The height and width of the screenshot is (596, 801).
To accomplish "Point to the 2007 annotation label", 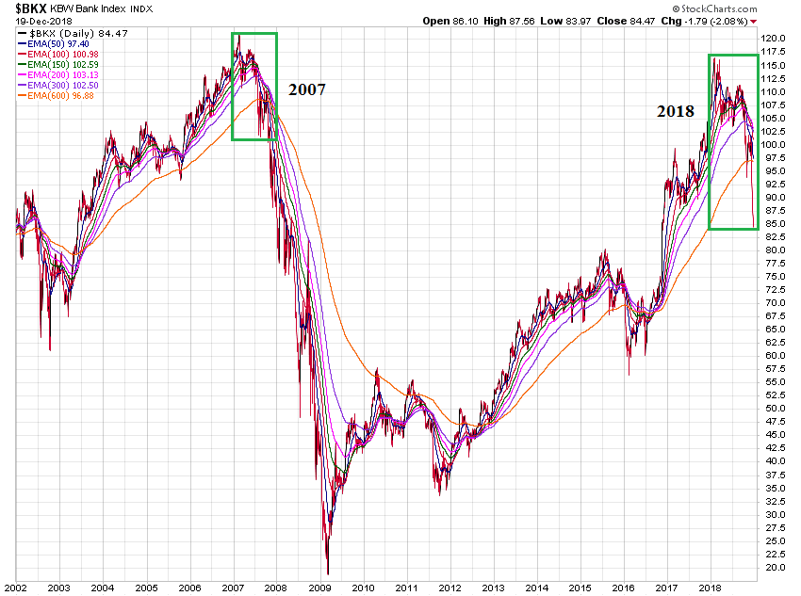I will (307, 90).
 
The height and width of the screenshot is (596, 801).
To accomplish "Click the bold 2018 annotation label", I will (676, 111).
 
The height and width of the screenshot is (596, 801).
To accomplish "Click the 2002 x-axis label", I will (16, 586).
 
